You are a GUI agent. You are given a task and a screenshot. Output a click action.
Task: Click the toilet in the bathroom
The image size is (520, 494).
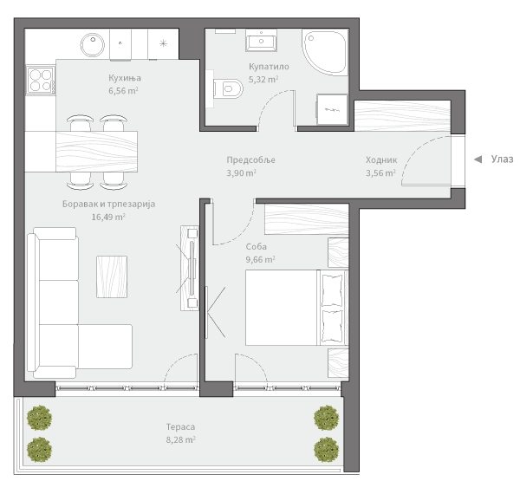pyautogui.click(x=227, y=88)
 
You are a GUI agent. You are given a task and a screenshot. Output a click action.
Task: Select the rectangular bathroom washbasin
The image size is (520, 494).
pyautogui.click(x=262, y=41)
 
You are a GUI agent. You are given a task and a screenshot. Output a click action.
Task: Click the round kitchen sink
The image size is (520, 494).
pyautogui.click(x=93, y=44)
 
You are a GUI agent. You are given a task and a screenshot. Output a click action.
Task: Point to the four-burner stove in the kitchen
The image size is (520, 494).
pyautogui.click(x=41, y=81)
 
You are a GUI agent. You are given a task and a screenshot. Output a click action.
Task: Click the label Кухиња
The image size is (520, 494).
pyautogui.click(x=125, y=78)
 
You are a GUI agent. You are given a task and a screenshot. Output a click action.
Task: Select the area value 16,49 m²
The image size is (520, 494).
pyautogui.click(x=108, y=217)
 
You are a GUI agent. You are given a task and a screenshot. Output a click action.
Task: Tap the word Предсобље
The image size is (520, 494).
pyautogui.click(x=250, y=159)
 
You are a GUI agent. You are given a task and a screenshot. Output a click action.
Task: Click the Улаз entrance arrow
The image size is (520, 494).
pyautogui.click(x=478, y=159)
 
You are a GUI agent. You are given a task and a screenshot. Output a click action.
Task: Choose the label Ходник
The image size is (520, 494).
pyautogui.click(x=381, y=159)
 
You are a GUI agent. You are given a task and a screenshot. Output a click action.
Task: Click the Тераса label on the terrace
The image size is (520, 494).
pyautogui.click(x=180, y=426)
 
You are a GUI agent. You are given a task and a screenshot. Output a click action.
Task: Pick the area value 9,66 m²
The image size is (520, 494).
pyautogui.click(x=260, y=259)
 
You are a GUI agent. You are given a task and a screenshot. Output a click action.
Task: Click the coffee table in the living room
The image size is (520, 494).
pyautogui.click(x=112, y=276)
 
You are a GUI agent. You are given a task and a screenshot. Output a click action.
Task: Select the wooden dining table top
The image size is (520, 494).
pyautogui.click(x=96, y=152)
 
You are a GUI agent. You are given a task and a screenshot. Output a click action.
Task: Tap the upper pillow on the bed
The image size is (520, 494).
pyautogui.click(x=332, y=289)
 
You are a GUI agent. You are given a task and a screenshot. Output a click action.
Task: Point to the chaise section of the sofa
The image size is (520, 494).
pyautogui.click(x=105, y=347)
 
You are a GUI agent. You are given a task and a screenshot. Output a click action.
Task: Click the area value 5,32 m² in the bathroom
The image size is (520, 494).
pyautogui.click(x=263, y=80)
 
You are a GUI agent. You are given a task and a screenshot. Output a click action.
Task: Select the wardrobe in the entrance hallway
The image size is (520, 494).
pyautogui.click(x=402, y=116)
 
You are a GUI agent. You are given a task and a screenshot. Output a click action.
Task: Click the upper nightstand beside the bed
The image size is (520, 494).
pyautogui.click(x=338, y=252)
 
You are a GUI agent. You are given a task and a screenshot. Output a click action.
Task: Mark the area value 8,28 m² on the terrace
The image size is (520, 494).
pyautogui.click(x=181, y=439)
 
